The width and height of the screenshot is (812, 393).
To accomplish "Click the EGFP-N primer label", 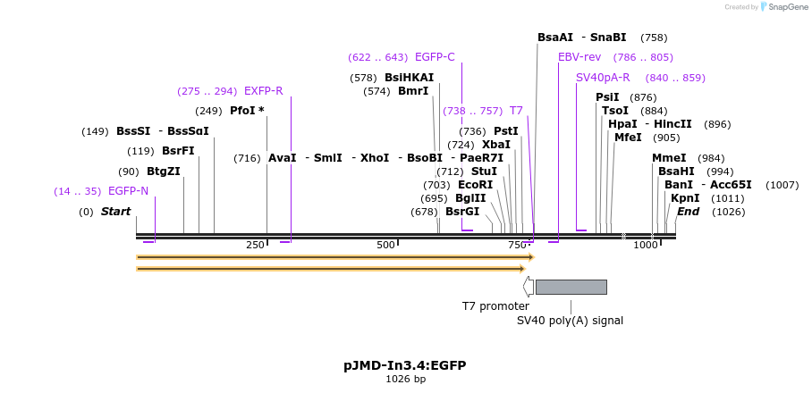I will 128,191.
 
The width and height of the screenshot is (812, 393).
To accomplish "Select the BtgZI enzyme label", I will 164,171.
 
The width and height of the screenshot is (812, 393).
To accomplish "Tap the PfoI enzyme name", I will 244,111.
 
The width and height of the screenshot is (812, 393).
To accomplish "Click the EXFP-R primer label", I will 263,91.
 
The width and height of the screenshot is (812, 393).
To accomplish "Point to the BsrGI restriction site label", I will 462,212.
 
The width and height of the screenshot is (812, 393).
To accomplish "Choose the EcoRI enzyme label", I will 475,185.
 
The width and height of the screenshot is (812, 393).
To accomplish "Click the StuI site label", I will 484,171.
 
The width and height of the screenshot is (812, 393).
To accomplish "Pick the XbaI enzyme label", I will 496,145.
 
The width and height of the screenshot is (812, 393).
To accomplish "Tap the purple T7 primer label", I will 516,111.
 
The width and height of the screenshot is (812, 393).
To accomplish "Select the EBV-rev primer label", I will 579,57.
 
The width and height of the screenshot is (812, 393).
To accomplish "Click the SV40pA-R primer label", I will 603,78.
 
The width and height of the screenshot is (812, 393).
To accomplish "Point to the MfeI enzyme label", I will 628,138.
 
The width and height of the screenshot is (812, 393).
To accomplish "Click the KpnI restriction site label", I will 685,198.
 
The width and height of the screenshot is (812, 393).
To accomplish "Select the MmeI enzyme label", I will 670,158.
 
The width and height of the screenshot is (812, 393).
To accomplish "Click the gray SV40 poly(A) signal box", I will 571,287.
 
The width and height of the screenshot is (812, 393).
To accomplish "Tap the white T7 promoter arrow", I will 529,287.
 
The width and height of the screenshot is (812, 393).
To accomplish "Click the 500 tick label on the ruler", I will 385,245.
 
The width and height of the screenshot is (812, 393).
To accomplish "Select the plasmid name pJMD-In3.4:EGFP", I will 405,365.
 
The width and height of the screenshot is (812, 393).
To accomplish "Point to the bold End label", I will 689,212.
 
